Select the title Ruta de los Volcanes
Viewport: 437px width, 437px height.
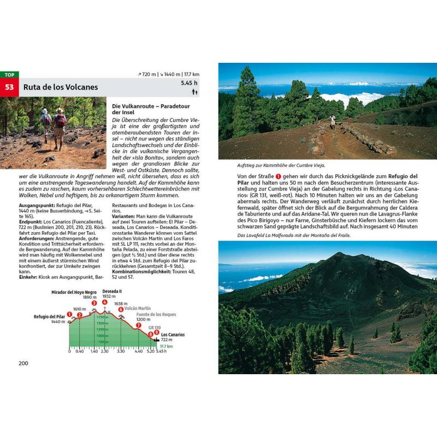61,87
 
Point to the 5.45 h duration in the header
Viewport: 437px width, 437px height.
189,83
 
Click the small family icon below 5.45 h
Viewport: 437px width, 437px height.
193,92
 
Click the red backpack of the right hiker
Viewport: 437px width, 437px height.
61,121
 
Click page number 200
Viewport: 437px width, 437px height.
23,363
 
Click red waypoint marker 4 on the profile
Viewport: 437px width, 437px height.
104,302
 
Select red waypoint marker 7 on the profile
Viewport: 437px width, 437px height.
138,326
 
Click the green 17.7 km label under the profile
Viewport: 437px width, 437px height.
166,346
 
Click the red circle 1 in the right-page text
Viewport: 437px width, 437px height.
278,176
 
